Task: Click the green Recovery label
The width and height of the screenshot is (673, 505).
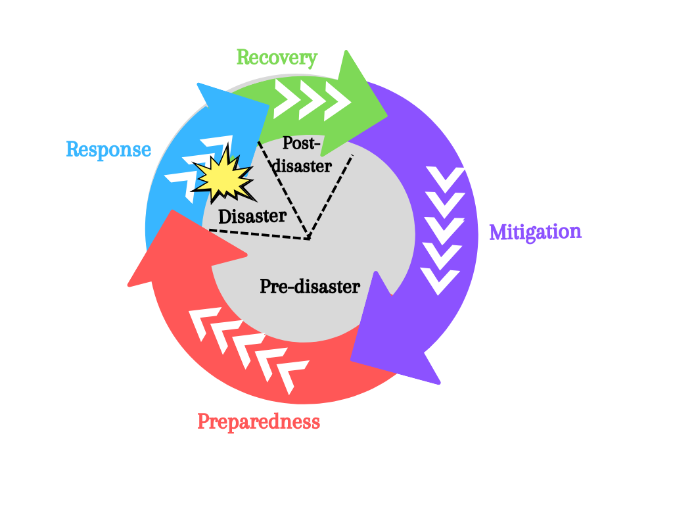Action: click(277, 58)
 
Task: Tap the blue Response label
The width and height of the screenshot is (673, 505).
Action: click(108, 150)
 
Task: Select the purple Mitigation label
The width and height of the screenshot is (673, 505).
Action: click(535, 232)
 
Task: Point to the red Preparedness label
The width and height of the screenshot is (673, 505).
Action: click(258, 421)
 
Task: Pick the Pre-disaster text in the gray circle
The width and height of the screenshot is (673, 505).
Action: click(310, 287)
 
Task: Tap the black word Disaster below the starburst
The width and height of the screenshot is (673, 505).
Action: click(252, 216)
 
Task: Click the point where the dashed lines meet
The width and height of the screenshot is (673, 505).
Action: click(308, 238)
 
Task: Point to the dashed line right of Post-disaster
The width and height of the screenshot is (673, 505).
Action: click(331, 195)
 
